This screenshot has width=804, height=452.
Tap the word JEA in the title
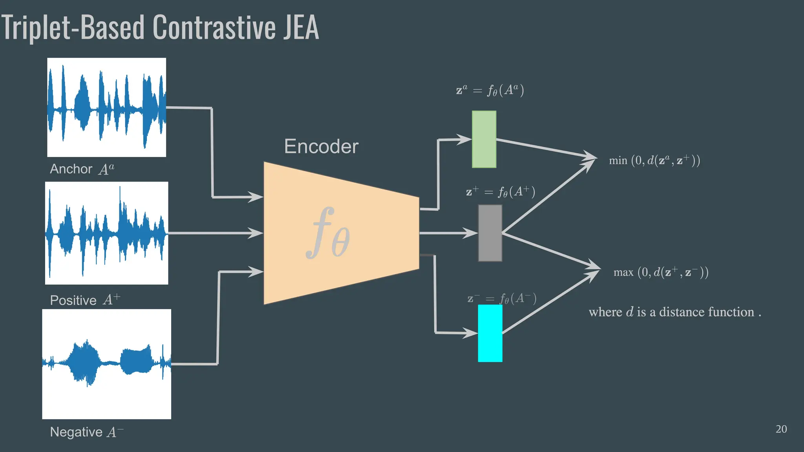(x=301, y=27)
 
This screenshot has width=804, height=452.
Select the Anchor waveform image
(x=106, y=108)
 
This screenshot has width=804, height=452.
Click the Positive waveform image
(x=106, y=233)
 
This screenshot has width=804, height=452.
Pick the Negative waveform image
(x=106, y=364)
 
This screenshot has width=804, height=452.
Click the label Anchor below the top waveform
(x=71, y=169)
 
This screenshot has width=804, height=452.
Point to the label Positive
(x=73, y=301)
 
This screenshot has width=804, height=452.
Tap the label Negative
(x=76, y=432)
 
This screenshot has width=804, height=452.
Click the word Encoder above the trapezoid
(x=321, y=147)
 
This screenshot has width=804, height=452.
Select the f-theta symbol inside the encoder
(x=328, y=234)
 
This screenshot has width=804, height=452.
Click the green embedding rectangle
(x=484, y=139)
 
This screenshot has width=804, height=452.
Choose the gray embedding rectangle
(x=490, y=233)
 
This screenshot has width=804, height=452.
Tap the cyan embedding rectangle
(x=490, y=333)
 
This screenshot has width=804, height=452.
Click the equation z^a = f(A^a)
(x=490, y=90)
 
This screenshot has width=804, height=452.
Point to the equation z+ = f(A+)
(x=501, y=192)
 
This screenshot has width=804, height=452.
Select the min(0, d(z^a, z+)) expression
(x=654, y=160)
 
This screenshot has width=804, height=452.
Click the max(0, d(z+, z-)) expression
(x=661, y=272)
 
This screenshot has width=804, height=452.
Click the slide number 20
(x=781, y=429)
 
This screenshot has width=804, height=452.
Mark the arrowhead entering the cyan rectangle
(x=471, y=333)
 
